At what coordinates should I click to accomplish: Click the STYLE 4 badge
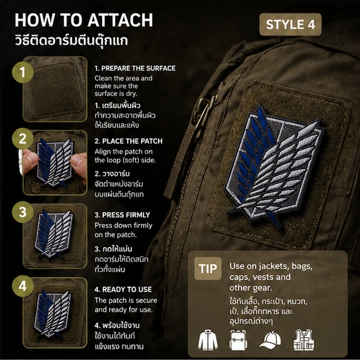pos(290,25)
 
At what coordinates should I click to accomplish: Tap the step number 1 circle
pos(23,72)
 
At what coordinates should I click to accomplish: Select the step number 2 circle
pos(23,139)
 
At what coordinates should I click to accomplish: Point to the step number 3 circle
pos(23,212)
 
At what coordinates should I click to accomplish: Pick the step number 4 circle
pos(23,286)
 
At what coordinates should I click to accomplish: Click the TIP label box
pos(208,268)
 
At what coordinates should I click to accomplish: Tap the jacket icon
pos(208,340)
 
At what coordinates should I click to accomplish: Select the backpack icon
pos(238,340)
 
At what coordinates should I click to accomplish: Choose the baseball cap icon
pos(271,340)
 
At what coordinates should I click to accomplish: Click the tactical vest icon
pos(304,340)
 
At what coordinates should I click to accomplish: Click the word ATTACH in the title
pos(120,20)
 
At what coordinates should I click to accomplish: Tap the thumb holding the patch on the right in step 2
pos(78,163)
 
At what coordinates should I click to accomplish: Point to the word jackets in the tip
pos(273,266)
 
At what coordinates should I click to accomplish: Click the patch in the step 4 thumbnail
pos(53,314)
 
